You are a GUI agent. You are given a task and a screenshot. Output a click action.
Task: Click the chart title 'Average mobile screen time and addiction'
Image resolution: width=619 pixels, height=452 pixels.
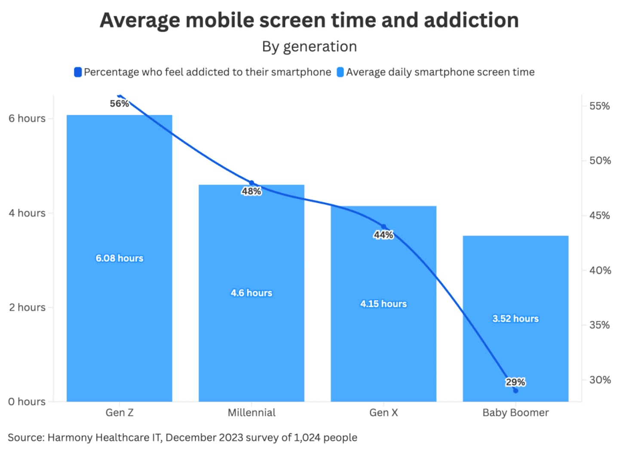coord(309,20)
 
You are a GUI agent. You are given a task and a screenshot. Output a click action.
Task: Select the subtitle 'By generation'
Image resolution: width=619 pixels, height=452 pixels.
coord(309,46)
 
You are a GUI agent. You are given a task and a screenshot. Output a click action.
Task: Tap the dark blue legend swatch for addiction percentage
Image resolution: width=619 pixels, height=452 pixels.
coord(78,72)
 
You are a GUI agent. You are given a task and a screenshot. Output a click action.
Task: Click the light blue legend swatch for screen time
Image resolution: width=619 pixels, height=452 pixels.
coord(340,72)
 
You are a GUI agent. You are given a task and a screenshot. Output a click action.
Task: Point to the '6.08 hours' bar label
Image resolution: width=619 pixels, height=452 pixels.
coord(119,258)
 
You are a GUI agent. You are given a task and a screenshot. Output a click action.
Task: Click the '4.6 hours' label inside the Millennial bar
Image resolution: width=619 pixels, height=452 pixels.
coord(251,293)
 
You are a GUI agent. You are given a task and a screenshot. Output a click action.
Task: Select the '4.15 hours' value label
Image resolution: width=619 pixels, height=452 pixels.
coord(383,304)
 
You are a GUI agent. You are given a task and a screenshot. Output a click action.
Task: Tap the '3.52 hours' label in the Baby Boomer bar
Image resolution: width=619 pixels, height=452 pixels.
coord(515,319)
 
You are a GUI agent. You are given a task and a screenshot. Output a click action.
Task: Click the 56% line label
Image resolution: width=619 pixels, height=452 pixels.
coord(119,104)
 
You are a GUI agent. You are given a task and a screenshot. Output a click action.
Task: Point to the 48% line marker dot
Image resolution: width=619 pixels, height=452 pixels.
coord(251,183)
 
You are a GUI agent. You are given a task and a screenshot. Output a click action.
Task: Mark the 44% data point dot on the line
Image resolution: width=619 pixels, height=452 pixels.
coord(384,226)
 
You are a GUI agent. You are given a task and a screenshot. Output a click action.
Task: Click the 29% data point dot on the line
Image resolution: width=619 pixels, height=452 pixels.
coord(515,391)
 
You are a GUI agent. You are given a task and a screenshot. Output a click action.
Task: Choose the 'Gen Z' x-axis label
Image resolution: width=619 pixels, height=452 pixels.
coord(120,413)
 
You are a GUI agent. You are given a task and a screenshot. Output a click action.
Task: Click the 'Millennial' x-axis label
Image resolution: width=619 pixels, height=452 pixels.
coord(251,413)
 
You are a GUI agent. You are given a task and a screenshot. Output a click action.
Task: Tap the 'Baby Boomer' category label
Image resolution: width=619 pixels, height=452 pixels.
coord(515,413)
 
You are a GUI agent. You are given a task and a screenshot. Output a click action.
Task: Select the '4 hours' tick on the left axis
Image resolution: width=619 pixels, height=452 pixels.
coord(27,213)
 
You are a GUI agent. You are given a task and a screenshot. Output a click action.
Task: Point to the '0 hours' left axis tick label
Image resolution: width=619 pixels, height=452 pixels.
coord(27,402)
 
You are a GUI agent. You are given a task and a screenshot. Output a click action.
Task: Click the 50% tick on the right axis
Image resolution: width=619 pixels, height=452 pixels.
coord(600,161)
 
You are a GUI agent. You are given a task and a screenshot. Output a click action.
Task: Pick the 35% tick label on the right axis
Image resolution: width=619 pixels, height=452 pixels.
coord(600,325)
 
